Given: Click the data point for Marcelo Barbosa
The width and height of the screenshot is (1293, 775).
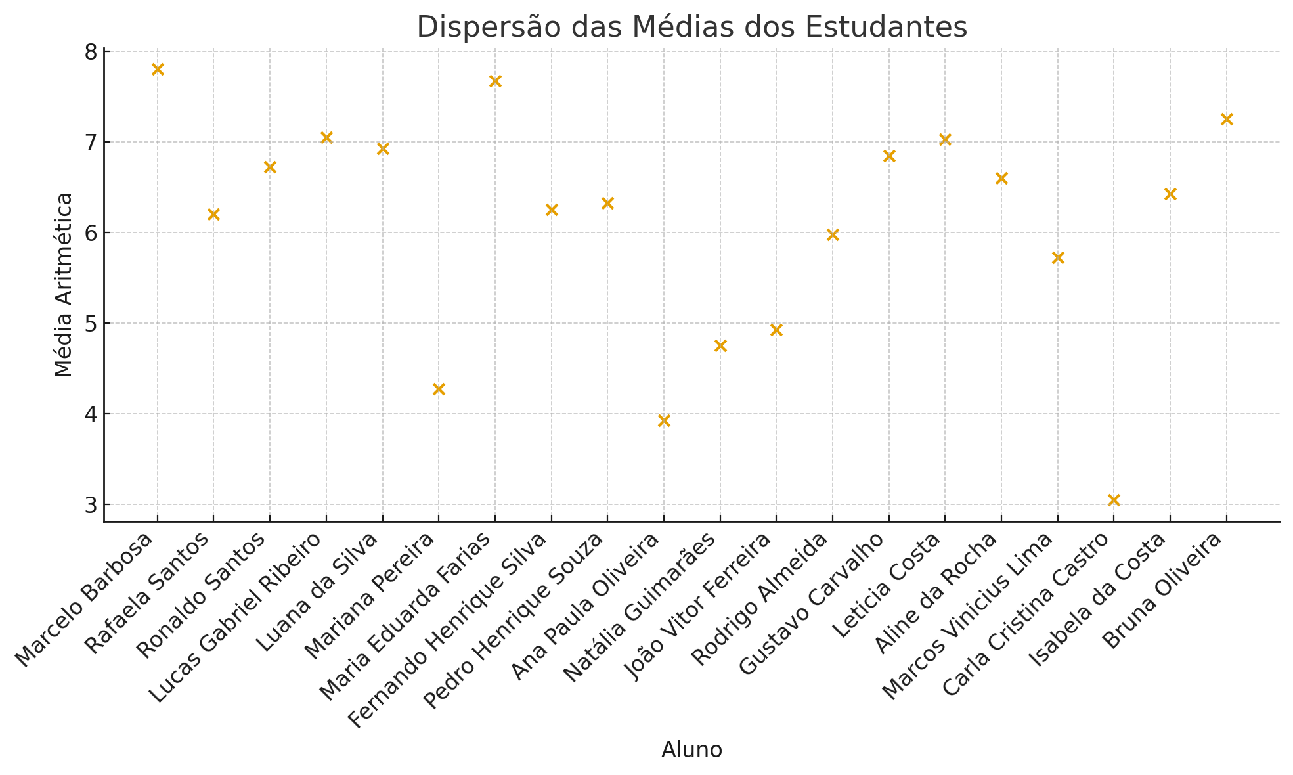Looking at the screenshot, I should pyautogui.click(x=158, y=70).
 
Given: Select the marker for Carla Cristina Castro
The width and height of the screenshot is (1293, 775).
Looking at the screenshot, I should pyautogui.click(x=1114, y=500).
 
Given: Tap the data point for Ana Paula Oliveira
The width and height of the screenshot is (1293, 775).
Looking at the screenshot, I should pyautogui.click(x=664, y=421).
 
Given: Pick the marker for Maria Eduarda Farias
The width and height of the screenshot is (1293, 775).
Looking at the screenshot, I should pyautogui.click(x=495, y=81).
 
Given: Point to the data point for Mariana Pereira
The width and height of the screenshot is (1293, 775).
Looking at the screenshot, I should pyautogui.click(x=439, y=389).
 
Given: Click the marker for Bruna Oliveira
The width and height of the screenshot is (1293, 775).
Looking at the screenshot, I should pyautogui.click(x=1227, y=120).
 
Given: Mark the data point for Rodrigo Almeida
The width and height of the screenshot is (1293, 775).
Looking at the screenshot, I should pyautogui.click(x=833, y=235).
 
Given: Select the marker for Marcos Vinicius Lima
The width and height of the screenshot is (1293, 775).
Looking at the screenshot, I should pyautogui.click(x=1058, y=258).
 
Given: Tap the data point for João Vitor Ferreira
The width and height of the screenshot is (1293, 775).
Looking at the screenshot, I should pyautogui.click(x=776, y=330).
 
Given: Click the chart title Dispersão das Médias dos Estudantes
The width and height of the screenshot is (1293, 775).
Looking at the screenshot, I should pyautogui.click(x=691, y=28).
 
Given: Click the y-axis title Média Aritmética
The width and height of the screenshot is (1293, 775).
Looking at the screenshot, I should pyautogui.click(x=64, y=284).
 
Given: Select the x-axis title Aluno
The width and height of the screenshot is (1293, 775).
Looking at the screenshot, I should pyautogui.click(x=691, y=750).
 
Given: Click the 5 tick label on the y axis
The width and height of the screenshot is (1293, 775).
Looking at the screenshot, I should pyautogui.click(x=89, y=324).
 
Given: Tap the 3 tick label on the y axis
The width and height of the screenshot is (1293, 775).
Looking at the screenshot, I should pyautogui.click(x=89, y=505).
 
